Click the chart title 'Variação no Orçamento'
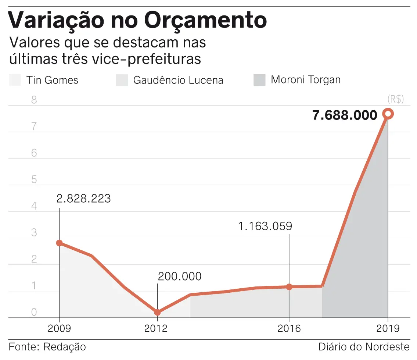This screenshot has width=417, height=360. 137,20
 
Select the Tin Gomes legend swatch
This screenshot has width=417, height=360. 15,80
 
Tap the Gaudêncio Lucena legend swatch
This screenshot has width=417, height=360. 122,80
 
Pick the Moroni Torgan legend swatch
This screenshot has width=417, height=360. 259,80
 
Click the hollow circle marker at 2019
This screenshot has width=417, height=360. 388,114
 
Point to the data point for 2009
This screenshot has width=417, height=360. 60,243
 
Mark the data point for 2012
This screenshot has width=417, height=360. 157,312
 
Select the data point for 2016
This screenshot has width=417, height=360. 289,287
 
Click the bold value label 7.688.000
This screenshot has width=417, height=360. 345,115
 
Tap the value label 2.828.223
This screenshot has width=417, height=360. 84,199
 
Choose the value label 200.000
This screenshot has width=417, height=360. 180,276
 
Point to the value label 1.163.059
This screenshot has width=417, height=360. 265,226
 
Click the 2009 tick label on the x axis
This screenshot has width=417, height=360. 60,328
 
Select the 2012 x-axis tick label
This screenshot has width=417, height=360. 157,328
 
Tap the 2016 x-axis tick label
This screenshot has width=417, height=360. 289,328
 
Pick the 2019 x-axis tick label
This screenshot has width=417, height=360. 388,328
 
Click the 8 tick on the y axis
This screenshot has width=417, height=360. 34,100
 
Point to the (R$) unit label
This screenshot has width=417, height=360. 396,99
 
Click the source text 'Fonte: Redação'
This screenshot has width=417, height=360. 47,347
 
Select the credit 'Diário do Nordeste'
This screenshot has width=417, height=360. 364,347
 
